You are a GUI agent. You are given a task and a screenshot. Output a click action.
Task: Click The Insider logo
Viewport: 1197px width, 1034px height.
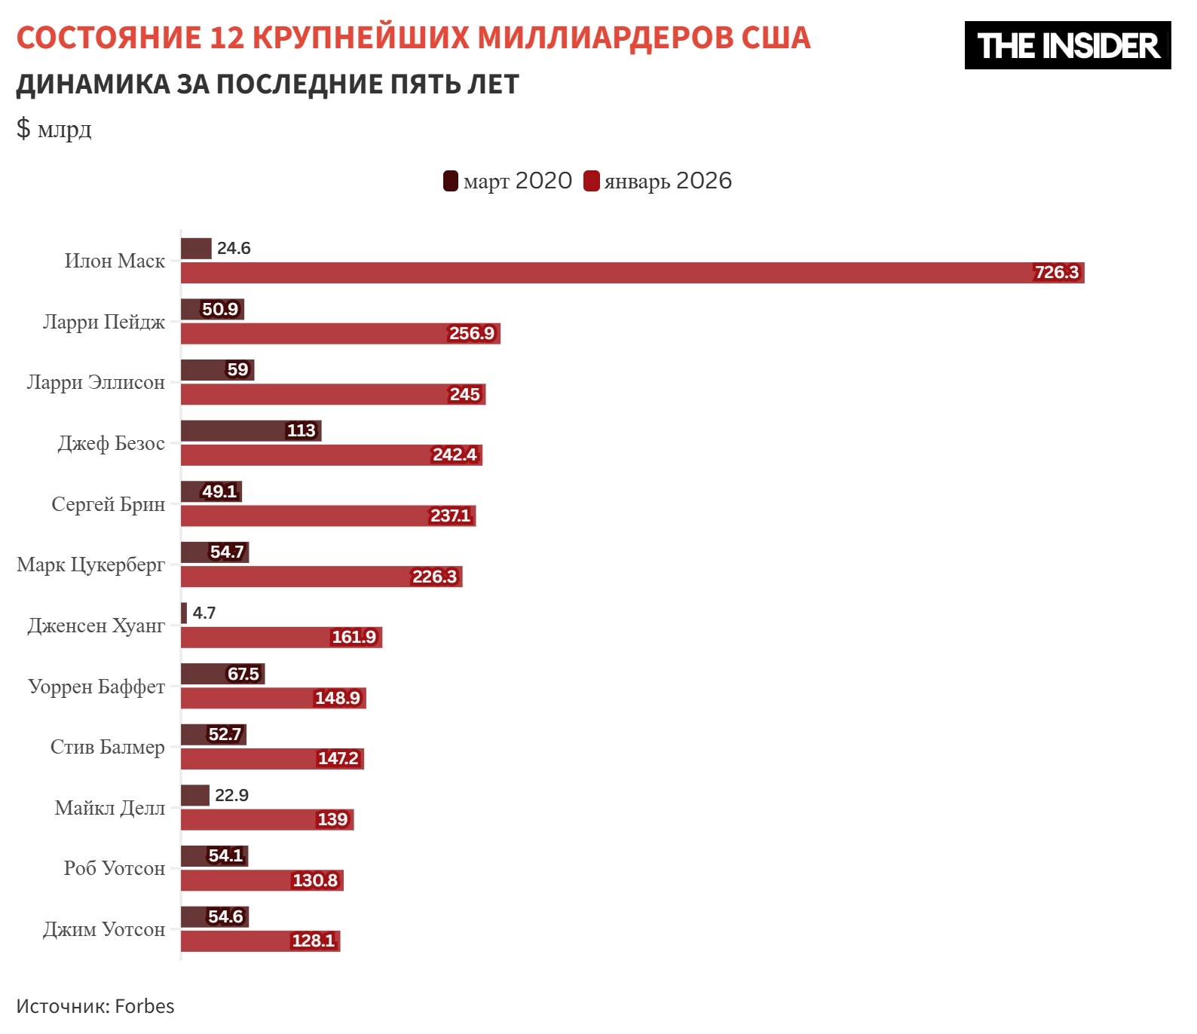pos(1067,45)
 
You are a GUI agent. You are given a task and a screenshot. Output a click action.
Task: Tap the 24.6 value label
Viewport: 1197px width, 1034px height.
pos(234,248)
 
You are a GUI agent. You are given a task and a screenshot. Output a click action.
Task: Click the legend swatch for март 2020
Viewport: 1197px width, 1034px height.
pos(451,181)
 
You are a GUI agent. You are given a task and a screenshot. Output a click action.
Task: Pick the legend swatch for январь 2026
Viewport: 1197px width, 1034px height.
pos(592,181)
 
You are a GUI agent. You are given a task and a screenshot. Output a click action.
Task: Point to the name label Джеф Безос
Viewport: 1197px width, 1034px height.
pos(112,443)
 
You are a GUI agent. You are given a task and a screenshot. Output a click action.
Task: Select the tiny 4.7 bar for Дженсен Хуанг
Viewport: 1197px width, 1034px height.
pos(184,613)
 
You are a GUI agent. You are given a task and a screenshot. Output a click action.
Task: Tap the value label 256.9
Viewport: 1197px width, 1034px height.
pos(472,333)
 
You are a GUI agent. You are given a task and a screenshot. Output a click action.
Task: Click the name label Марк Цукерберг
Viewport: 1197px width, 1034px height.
pos(91,564)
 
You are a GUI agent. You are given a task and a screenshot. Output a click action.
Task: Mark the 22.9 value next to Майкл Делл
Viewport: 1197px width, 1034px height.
pos(231,795)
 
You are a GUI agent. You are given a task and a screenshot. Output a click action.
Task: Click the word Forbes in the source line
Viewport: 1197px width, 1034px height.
pos(145,1006)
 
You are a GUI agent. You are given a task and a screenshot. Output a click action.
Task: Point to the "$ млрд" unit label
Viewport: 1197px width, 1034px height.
pos(54,129)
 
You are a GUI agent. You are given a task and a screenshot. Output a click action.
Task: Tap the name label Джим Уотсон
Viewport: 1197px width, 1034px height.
pos(104,929)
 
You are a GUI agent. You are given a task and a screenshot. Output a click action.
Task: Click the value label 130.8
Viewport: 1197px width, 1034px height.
pos(315,880)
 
